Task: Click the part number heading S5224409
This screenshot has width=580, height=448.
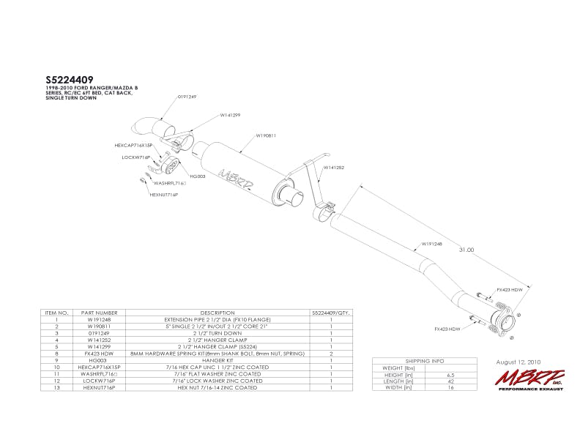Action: [70, 79]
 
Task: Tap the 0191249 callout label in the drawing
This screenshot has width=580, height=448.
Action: [187, 97]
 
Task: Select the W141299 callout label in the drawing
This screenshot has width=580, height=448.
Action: [231, 115]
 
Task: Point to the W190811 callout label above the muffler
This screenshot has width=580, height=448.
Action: [265, 135]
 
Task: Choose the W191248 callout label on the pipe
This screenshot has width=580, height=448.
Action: [431, 244]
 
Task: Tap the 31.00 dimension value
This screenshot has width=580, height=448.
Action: [466, 250]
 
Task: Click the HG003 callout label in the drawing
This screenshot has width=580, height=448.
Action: [198, 176]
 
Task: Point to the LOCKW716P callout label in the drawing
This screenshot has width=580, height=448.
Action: [135, 157]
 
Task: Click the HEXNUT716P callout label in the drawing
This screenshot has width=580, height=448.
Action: [164, 195]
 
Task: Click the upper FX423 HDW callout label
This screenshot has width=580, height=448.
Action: [510, 290]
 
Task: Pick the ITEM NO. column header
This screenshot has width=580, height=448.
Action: [56, 313]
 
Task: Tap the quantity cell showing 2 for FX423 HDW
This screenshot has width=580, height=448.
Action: [332, 354]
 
